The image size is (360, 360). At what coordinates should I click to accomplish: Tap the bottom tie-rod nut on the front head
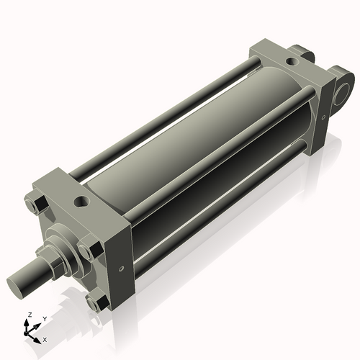(x=94, y=303)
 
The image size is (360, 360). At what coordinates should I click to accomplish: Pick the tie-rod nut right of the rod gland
(x=86, y=250)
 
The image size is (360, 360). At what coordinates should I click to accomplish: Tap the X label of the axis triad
(x=45, y=338)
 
